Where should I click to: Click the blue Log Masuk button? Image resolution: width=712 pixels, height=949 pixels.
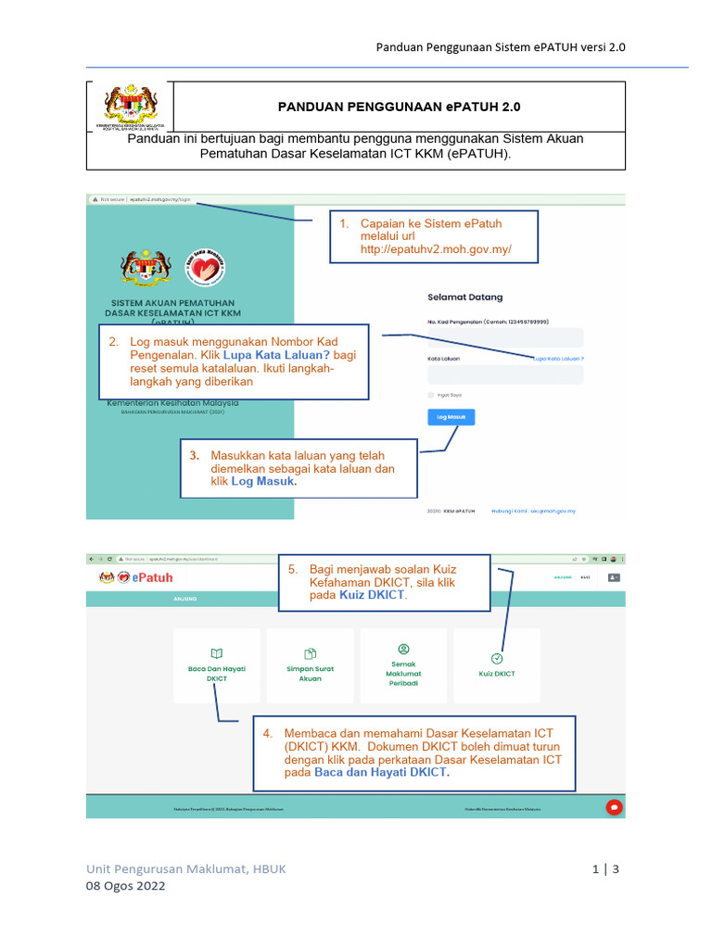click(451, 417)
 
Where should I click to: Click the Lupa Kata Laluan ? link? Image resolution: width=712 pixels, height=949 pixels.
click(558, 358)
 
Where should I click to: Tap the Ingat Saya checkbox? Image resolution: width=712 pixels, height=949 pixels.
click(431, 395)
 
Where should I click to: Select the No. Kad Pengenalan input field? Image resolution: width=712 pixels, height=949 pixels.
click(505, 337)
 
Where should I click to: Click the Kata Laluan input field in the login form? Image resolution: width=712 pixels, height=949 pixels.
click(505, 374)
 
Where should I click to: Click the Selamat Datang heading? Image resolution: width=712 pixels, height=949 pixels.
click(465, 297)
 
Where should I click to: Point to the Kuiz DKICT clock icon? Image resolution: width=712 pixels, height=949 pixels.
click(497, 658)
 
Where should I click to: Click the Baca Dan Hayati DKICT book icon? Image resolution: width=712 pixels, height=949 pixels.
click(217, 652)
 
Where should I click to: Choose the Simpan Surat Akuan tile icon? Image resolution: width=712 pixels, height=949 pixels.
click(311, 652)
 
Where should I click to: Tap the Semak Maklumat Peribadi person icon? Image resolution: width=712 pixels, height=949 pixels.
click(403, 649)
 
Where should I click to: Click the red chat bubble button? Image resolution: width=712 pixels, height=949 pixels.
click(613, 807)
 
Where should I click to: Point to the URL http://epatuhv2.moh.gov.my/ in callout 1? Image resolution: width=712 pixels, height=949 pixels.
click(436, 250)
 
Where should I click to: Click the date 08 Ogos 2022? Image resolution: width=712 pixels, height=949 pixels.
click(125, 886)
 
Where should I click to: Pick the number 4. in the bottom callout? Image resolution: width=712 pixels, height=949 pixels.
click(267, 733)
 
